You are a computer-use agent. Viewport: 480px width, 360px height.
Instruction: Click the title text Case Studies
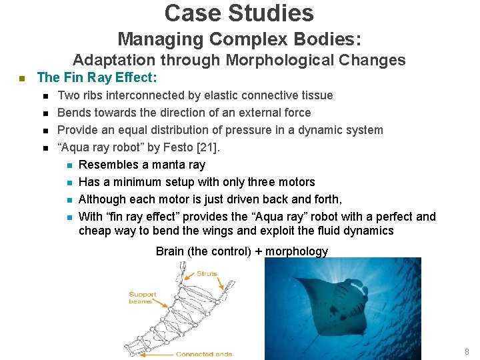click(x=239, y=13)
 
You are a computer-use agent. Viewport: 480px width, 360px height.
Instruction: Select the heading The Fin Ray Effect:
click(x=97, y=78)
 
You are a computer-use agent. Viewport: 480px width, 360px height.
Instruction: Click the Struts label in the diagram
click(x=207, y=273)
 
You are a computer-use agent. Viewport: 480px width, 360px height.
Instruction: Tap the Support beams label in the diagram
click(x=143, y=297)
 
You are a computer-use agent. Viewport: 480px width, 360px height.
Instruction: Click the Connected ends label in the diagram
click(x=203, y=354)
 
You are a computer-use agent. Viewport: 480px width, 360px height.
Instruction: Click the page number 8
click(x=467, y=351)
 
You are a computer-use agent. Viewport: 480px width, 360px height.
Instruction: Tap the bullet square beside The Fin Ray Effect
click(x=21, y=79)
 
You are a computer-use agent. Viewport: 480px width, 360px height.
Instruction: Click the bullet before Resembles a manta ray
click(x=69, y=165)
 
